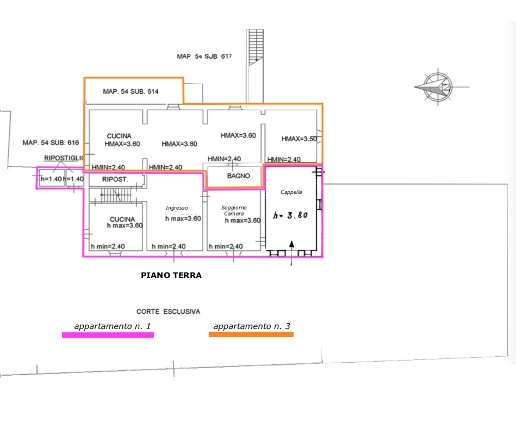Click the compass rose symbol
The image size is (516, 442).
(433, 82)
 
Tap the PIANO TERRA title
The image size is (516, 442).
(171, 274)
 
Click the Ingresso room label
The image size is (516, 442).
(177, 208)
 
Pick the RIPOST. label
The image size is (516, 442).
(117, 180)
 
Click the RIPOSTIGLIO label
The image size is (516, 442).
(64, 158)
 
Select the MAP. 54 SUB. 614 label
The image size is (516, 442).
(132, 91)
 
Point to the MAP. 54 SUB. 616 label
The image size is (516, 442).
(50, 143)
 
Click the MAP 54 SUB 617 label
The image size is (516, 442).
(204, 56)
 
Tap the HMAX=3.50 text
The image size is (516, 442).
(299, 139)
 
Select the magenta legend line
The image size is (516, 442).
(108, 335)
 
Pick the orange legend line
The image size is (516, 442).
(251, 335)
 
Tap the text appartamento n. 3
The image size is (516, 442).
(251, 326)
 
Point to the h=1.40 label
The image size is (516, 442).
(51, 179)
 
